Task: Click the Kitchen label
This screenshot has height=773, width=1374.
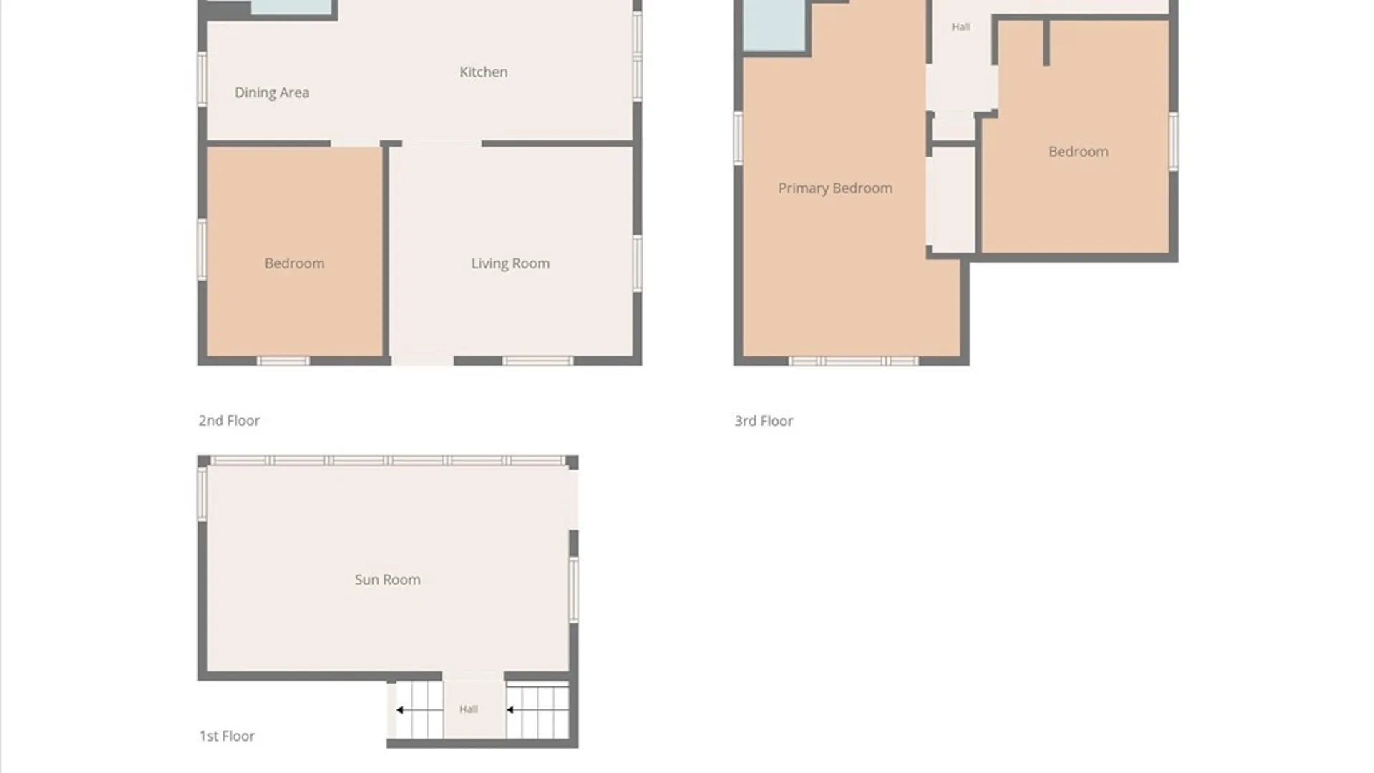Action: [484, 72]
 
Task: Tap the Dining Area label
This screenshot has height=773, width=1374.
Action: [272, 93]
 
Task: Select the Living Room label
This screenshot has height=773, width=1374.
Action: [510, 264]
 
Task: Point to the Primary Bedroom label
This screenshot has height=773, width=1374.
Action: [835, 189]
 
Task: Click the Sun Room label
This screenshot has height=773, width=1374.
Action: [387, 580]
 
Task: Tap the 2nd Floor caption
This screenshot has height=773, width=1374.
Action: [229, 421]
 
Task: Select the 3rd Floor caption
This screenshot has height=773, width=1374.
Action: [764, 421]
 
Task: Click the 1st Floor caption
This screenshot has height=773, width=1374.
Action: [227, 736]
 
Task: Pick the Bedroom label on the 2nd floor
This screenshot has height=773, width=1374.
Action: [294, 263]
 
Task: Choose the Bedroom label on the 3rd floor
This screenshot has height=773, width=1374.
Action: [1078, 152]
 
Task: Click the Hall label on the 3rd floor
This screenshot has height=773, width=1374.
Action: [961, 27]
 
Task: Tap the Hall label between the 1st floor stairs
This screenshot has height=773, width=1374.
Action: [469, 709]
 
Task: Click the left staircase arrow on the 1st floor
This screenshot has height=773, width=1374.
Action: [419, 710]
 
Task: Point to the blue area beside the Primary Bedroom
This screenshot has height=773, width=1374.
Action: [774, 25]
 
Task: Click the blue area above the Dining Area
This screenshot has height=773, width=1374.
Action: [292, 6]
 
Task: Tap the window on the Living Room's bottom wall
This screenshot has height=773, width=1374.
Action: [537, 361]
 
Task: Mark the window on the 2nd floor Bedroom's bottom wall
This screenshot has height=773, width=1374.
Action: [283, 361]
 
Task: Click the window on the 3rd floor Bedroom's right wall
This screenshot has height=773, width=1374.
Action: [1174, 142]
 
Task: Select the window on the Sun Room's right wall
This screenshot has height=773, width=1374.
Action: [574, 590]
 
